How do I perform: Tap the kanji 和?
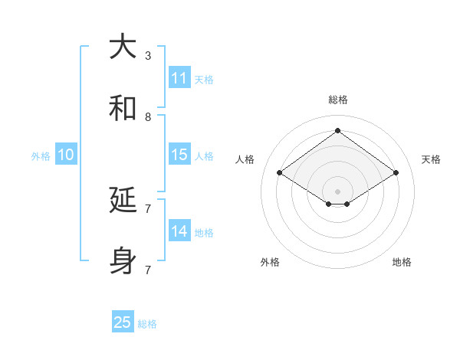tap(123, 109)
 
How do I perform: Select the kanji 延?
tap(123, 201)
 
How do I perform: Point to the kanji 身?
tap(123, 262)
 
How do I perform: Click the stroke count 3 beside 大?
tap(148, 55)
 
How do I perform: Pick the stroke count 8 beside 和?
tap(148, 116)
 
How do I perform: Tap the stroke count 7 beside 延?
tap(148, 208)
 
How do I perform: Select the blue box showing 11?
tap(179, 78)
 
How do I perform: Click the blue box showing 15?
tap(179, 155)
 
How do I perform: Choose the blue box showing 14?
tap(179, 231)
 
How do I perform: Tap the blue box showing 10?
tap(66, 155)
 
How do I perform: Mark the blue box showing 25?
tap(123, 322)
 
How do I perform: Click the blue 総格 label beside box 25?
tap(147, 324)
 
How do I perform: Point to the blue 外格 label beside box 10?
tap(41, 156)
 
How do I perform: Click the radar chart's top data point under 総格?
tap(337, 130)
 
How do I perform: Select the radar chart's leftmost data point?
tap(280, 173)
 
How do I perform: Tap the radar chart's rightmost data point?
tap(396, 173)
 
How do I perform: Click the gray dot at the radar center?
tap(337, 191)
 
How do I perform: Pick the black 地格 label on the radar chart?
tap(402, 262)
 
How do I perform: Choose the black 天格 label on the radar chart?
tap(431, 159)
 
